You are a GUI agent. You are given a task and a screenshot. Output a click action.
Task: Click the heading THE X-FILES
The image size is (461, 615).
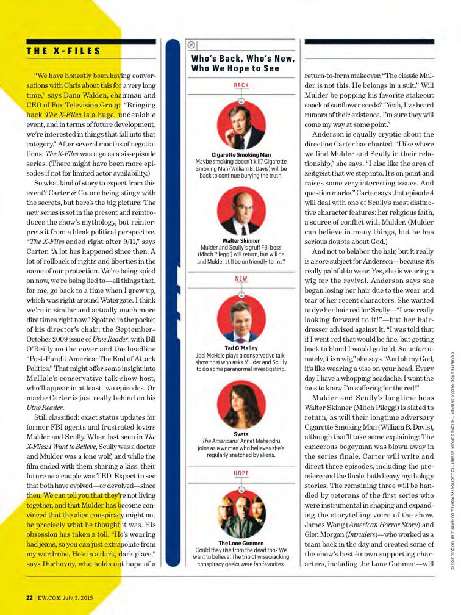pyautogui.click(x=63, y=51)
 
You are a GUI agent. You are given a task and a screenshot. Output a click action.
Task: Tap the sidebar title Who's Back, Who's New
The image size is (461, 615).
pyautogui.click(x=243, y=63)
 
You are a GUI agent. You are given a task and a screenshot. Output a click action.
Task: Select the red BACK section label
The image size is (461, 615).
pyautogui.click(x=241, y=85)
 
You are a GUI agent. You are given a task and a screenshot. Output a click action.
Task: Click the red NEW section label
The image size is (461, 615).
pyautogui.click(x=241, y=279)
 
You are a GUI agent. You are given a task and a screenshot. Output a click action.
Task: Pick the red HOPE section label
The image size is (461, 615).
pyautogui.click(x=241, y=473)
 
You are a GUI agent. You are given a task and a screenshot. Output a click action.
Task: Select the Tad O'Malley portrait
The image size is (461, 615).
pyautogui.click(x=241, y=319)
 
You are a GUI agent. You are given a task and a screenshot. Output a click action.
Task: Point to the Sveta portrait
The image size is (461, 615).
pyautogui.click(x=241, y=404)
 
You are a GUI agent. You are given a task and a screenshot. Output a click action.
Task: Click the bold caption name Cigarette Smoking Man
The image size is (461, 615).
pyautogui.click(x=241, y=155)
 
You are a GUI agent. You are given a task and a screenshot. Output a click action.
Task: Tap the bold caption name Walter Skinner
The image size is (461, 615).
pyautogui.click(x=241, y=240)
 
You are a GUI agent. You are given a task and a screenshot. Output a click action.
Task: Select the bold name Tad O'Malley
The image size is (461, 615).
pyautogui.click(x=241, y=348)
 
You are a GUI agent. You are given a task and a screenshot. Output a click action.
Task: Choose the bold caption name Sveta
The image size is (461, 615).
pyautogui.click(x=241, y=434)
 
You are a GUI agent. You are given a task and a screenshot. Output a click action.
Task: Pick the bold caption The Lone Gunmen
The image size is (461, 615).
pyautogui.click(x=241, y=543)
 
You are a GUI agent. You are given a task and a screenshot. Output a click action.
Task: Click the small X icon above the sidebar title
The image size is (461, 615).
pyautogui.click(x=191, y=44)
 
